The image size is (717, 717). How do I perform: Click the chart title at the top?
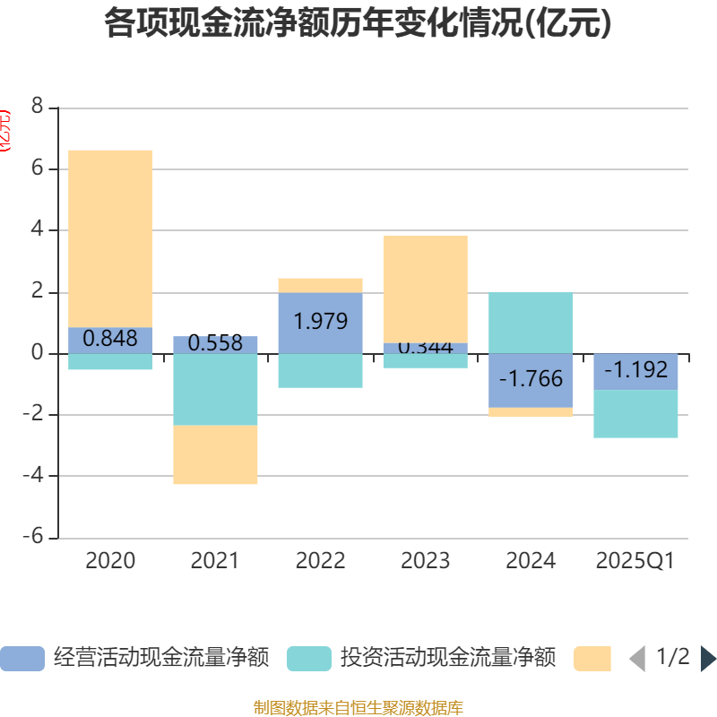click(358, 24)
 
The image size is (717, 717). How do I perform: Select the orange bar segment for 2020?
click(110, 238)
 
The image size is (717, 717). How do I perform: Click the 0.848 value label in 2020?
click(110, 339)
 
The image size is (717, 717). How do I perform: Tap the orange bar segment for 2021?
click(215, 454)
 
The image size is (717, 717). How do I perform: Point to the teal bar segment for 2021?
click(215, 389)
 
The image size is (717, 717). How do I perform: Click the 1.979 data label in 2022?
click(320, 321)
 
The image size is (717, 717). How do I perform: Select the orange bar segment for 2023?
click(425, 288)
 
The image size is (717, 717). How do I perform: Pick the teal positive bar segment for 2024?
click(531, 322)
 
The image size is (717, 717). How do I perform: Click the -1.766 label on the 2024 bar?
click(531, 379)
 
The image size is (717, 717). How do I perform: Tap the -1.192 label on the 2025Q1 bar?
click(635, 369)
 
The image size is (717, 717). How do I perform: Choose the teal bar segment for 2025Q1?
click(635, 413)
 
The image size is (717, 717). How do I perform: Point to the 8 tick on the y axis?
click(37, 107)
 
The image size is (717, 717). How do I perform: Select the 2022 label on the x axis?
click(320, 561)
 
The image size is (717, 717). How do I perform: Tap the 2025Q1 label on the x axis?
click(635, 561)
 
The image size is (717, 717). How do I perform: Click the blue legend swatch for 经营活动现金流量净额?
click(22, 658)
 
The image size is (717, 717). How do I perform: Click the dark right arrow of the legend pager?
click(708, 658)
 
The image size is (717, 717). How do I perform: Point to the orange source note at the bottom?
click(358, 708)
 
